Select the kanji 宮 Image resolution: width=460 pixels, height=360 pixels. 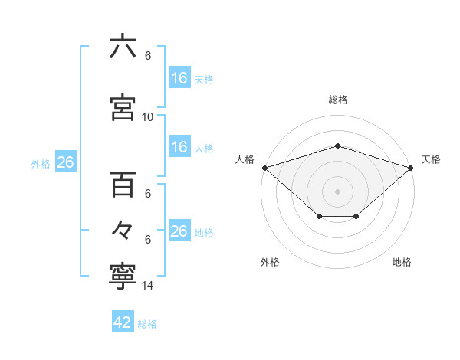(x=123, y=106)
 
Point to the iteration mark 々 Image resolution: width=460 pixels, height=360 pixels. (x=123, y=229)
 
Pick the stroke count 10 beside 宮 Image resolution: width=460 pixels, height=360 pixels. (x=148, y=117)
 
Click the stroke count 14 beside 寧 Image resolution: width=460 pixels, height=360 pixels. (x=148, y=286)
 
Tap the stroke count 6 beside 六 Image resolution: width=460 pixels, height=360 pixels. (x=148, y=56)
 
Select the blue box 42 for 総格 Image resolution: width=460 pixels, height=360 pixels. (x=123, y=322)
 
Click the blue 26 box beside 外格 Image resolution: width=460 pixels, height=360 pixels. (x=65, y=163)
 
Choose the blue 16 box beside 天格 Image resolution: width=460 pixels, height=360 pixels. (x=179, y=78)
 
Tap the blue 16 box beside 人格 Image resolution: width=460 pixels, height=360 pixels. (x=179, y=147)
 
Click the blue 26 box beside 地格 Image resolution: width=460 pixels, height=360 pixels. (x=179, y=231)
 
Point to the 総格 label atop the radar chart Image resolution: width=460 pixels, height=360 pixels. (x=338, y=100)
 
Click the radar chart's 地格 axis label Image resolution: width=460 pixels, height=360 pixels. (x=402, y=262)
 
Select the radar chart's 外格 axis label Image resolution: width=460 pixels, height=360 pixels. (x=270, y=262)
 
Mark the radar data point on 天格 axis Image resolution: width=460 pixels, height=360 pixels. (x=411, y=167)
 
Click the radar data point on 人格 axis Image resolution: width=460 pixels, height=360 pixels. (x=264, y=167)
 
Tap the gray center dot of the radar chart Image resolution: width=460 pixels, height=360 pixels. (x=337, y=191)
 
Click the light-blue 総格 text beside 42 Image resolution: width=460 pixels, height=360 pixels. (x=147, y=324)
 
